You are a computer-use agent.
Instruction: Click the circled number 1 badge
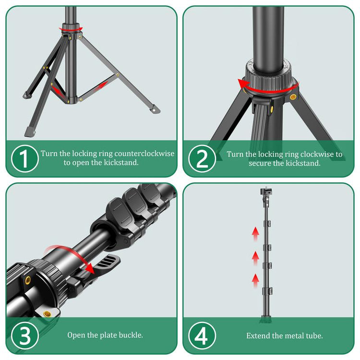24,158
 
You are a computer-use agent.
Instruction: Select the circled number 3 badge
24,335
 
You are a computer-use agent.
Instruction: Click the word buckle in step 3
131,335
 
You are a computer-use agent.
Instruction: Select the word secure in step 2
260,163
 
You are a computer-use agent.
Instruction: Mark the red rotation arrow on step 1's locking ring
71,29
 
